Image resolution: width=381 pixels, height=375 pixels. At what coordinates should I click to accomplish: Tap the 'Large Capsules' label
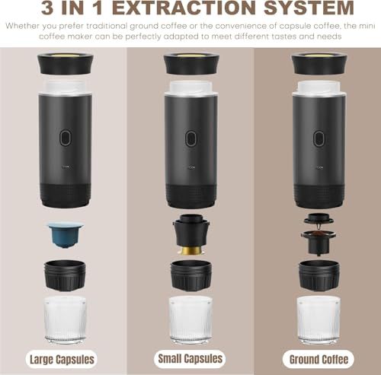(62, 360)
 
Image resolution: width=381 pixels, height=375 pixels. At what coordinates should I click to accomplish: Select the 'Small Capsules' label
(190, 359)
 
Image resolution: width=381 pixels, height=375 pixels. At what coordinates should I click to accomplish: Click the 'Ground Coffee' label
(319, 360)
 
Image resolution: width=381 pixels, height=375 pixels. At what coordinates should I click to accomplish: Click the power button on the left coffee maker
(66, 138)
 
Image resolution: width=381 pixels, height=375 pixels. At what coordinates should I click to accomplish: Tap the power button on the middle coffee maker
(190, 138)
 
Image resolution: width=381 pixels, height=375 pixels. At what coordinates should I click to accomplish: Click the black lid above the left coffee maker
(66, 64)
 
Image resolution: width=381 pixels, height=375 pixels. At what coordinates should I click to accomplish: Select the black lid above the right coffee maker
(319, 64)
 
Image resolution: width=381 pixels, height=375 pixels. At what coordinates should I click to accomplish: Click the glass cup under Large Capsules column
(66, 320)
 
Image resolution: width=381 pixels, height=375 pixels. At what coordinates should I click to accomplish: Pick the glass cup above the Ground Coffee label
(319, 320)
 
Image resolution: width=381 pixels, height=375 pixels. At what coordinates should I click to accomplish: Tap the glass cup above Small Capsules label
(190, 320)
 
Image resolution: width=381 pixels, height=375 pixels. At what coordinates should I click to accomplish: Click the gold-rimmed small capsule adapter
(191, 234)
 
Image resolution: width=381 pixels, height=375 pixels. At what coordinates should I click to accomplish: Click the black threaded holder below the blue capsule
(66, 275)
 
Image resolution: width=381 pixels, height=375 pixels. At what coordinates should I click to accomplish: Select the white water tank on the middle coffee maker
(191, 88)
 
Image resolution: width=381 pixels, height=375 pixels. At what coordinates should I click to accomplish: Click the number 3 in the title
(47, 8)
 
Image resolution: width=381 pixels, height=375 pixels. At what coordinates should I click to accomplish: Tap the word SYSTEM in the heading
(309, 8)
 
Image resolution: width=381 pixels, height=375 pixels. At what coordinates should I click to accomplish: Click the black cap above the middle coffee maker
(191, 64)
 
